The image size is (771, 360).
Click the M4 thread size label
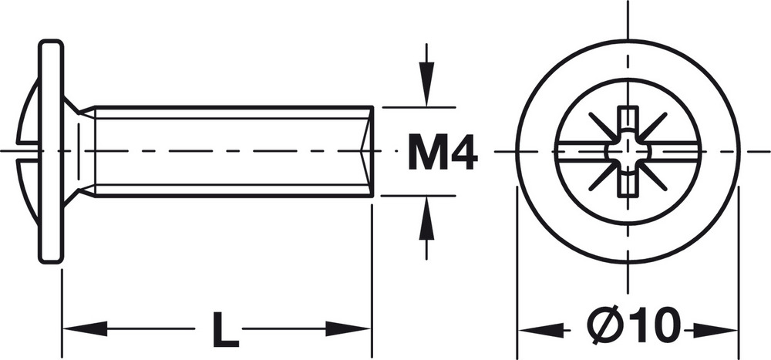point(443,152)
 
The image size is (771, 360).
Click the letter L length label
point(225,329)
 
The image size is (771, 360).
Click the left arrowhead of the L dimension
point(85,328)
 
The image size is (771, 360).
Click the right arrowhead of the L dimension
point(348,328)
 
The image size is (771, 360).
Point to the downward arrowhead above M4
point(427,83)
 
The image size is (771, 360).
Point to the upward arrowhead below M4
point(427,218)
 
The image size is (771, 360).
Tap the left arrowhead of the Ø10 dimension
point(541,331)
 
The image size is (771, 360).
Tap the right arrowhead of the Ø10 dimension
point(715,331)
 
